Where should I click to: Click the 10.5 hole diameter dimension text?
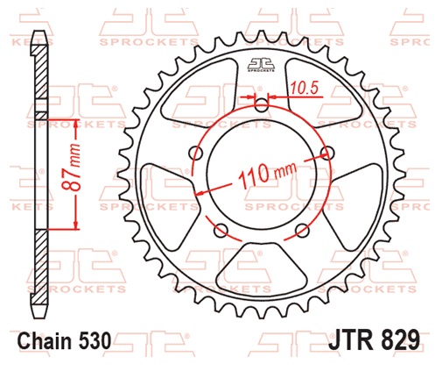[x=304, y=88]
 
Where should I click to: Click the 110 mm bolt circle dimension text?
[x=267, y=175]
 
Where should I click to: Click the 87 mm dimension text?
[x=72, y=168]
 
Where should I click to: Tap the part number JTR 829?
[x=375, y=340]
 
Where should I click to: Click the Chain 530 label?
[x=65, y=341]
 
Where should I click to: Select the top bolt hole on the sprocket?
[x=262, y=105]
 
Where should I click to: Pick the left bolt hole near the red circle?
[x=196, y=153]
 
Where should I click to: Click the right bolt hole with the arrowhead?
[x=327, y=153]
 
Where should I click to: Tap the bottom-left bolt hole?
[x=221, y=231]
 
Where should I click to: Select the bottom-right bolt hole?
[x=302, y=231]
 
